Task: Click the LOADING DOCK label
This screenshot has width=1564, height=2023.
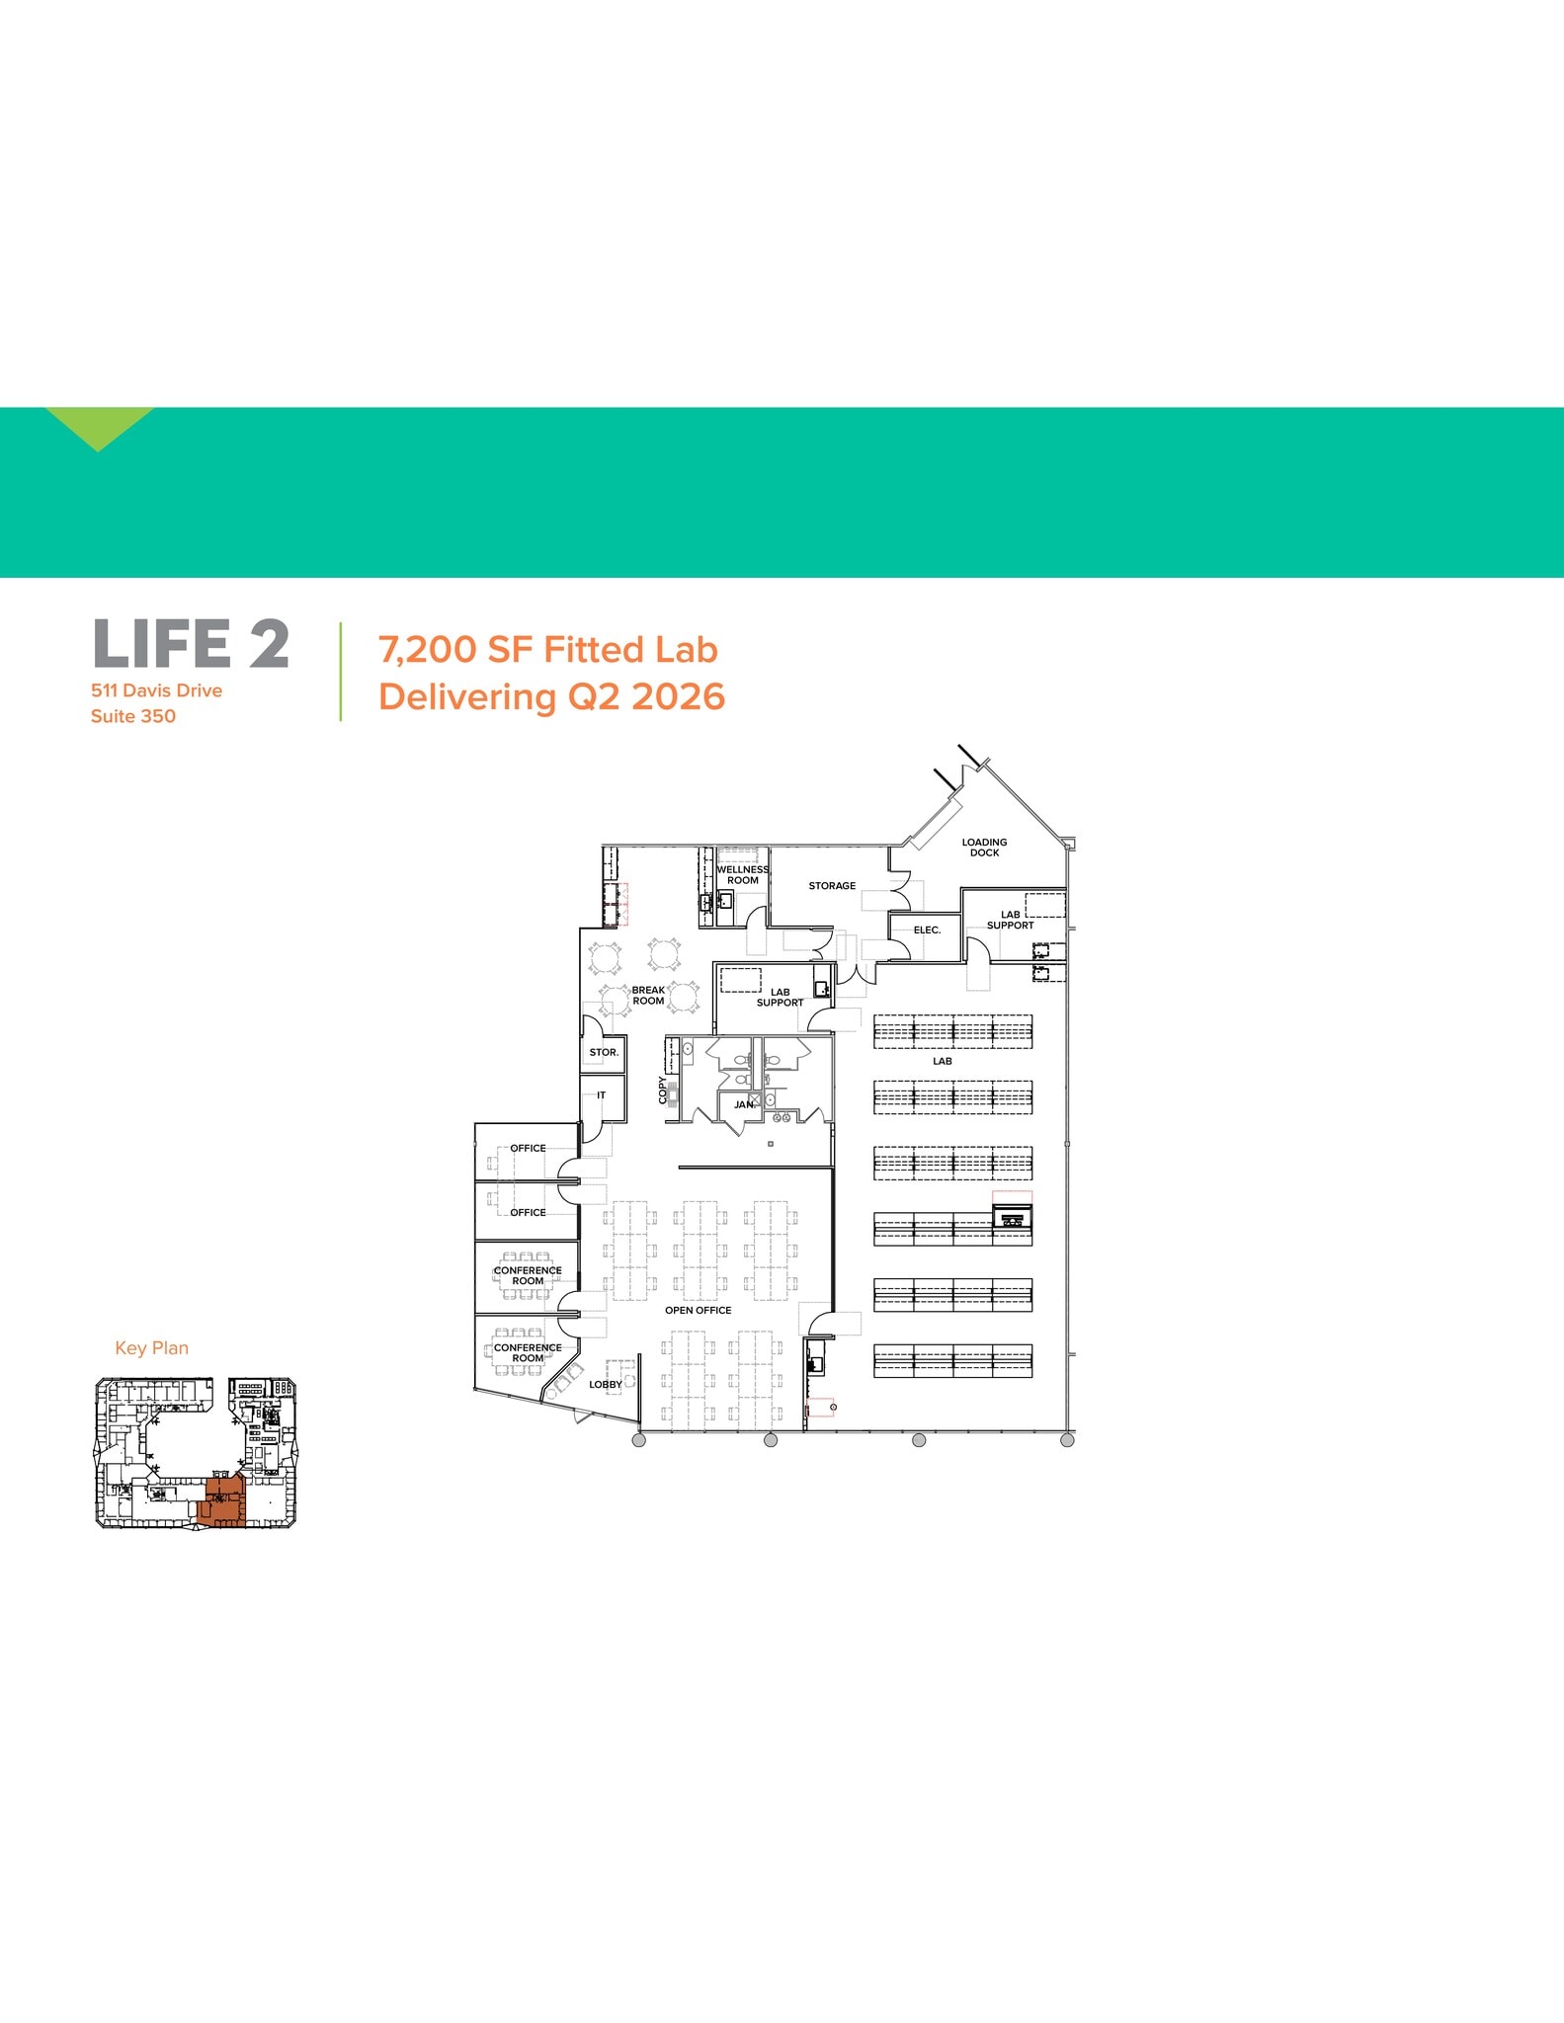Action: (984, 848)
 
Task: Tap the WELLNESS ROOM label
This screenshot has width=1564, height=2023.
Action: (743, 875)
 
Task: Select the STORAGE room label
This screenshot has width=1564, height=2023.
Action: (832, 886)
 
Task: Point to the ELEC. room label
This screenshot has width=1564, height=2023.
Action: (927, 931)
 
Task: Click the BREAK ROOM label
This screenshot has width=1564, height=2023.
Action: (648, 996)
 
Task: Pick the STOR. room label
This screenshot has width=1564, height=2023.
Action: (604, 1053)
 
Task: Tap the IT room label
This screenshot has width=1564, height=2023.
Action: (601, 1095)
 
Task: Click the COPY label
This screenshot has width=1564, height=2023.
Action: (663, 1090)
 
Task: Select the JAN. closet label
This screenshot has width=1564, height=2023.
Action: (744, 1105)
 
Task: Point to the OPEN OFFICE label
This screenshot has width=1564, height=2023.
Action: (698, 1311)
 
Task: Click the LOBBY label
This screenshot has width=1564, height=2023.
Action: (605, 1385)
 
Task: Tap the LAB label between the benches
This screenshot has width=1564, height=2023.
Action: (943, 1062)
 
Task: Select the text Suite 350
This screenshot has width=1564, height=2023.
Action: (133, 716)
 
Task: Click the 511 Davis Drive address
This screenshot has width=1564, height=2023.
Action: (156, 690)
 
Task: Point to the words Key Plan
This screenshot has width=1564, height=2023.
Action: (151, 1348)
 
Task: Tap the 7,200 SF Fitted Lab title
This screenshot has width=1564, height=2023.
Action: (547, 650)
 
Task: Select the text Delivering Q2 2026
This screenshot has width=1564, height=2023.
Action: (551, 696)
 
